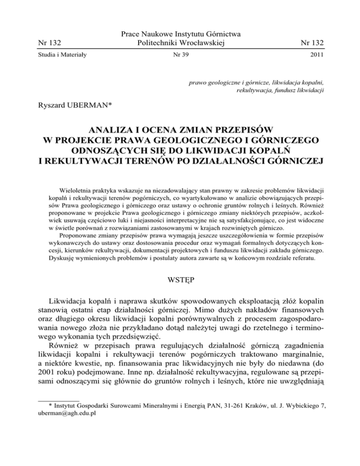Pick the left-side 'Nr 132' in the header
pyautogui.click(x=50, y=43)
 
